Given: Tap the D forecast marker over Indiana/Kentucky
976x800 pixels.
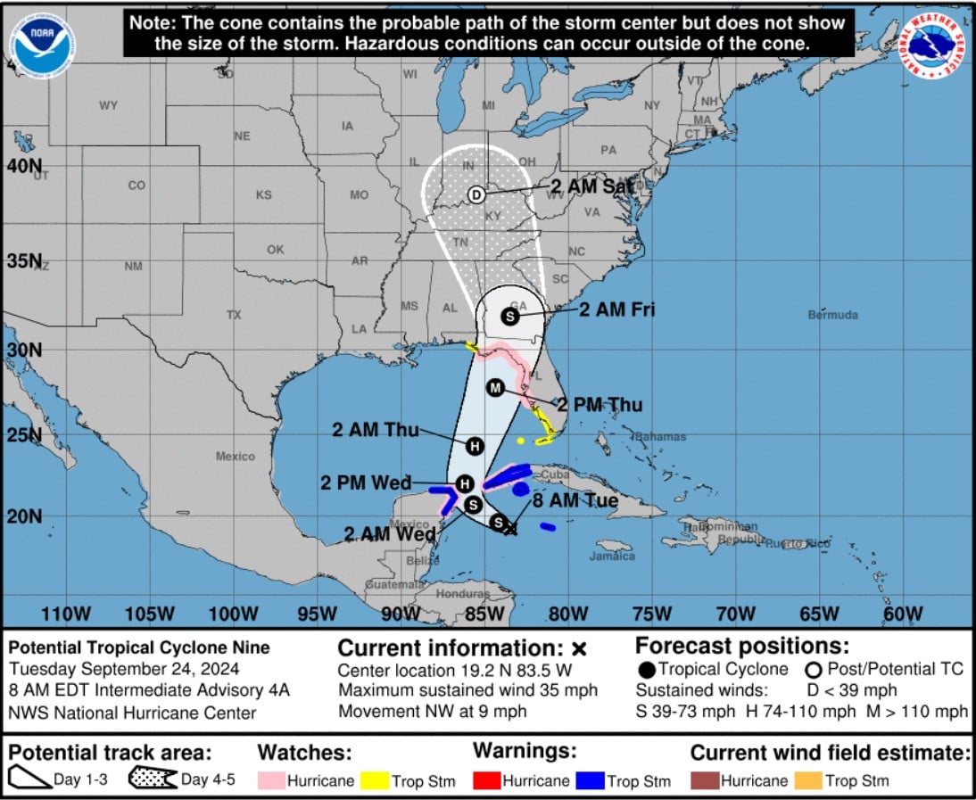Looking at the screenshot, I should point(476,194).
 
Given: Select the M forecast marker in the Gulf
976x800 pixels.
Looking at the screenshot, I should point(496,387).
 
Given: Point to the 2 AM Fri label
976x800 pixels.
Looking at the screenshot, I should point(617,309).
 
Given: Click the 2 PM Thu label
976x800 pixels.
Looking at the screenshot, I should point(600,405).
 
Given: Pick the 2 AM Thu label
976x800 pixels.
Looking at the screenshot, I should point(376,430).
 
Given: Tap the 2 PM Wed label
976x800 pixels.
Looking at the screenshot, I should point(366,482).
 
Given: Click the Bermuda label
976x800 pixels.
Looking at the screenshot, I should point(832,315).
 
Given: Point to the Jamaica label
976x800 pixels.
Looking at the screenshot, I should point(612,557).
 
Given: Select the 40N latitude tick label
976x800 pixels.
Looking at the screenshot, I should point(24,166).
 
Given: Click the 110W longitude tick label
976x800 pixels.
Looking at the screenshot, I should point(66,614).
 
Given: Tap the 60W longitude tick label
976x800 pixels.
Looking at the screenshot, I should point(903,614).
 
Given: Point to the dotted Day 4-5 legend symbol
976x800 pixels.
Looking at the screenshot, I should point(153,779).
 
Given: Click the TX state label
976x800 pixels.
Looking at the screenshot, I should point(234,315).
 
